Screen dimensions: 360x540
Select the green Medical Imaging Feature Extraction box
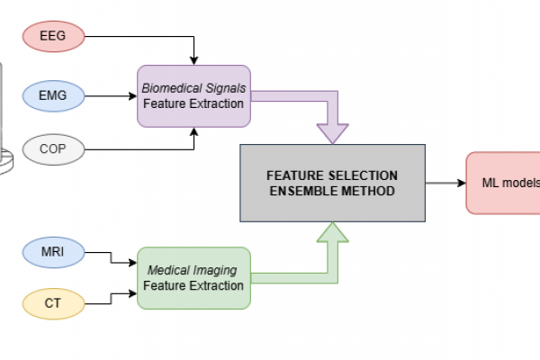pos(193,277)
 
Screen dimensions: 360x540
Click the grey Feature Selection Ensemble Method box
pos(331,182)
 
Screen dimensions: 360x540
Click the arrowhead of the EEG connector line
pos(193,60)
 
